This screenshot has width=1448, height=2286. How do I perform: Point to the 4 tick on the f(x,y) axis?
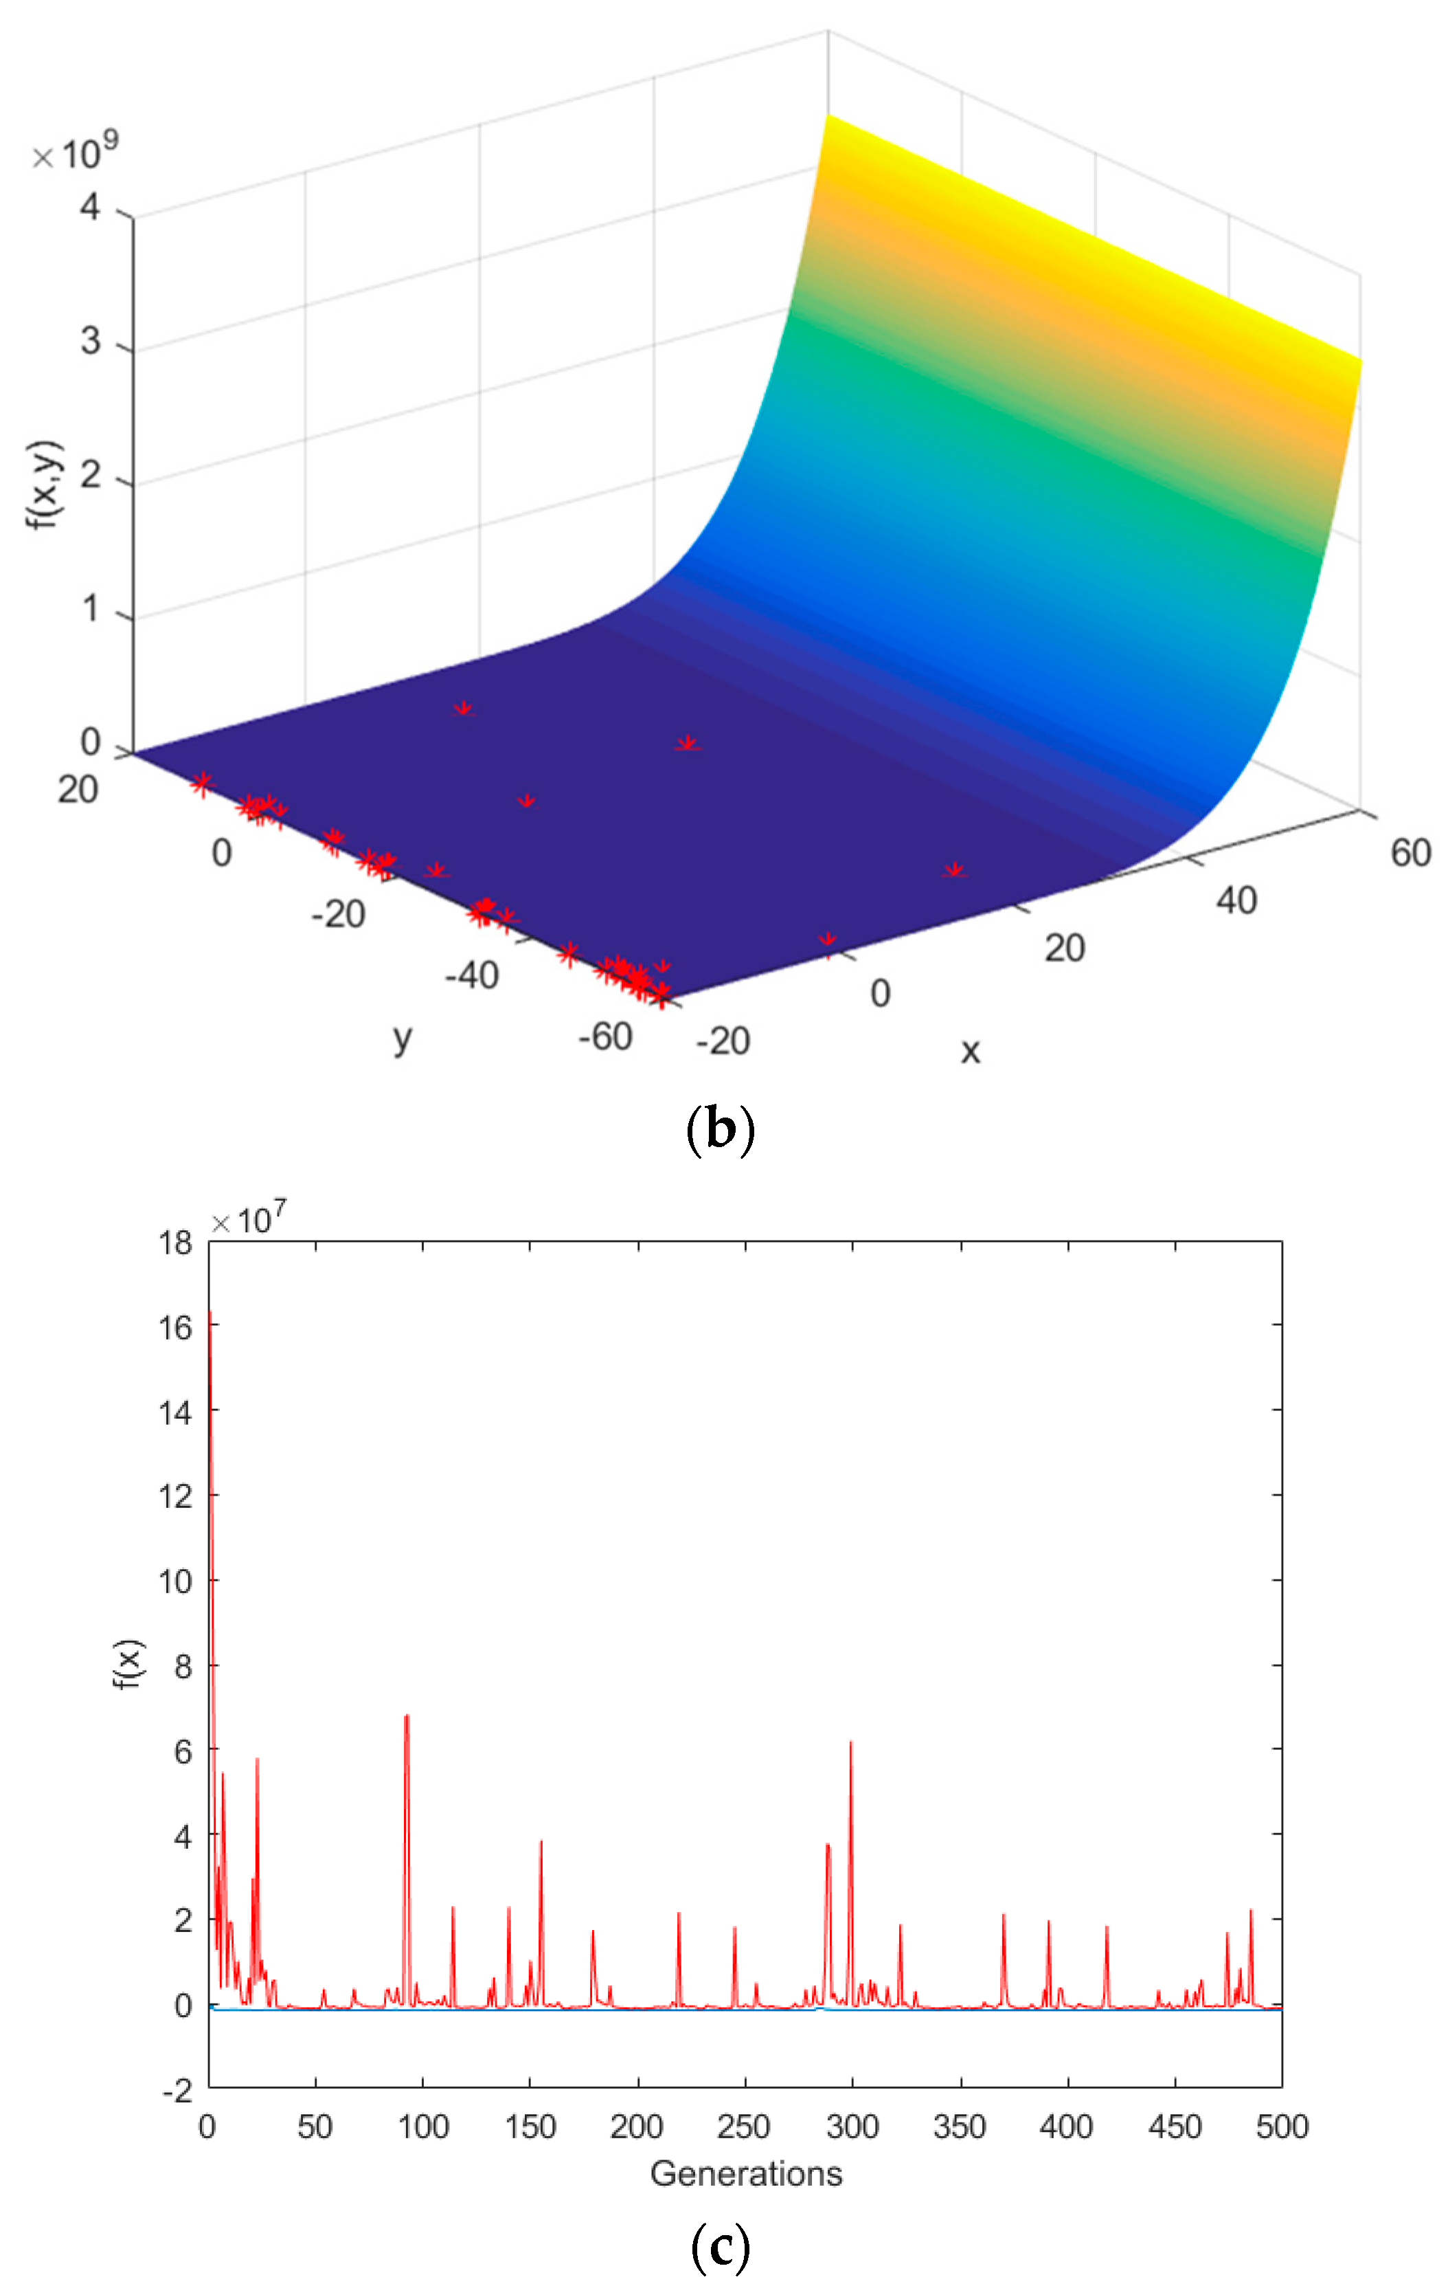click(x=90, y=206)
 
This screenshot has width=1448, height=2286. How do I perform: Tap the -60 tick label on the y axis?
click(x=605, y=1036)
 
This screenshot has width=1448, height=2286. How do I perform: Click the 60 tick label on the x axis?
click(x=1410, y=852)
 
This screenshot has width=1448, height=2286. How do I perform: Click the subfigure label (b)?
click(x=720, y=1129)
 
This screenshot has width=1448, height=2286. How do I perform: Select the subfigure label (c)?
click(x=720, y=2246)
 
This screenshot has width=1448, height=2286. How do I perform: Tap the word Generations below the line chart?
click(x=746, y=2173)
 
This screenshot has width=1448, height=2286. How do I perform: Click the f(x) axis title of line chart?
click(x=127, y=1663)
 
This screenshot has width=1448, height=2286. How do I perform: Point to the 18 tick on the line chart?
click(x=176, y=1242)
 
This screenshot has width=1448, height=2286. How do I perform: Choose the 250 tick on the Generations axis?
click(x=744, y=2127)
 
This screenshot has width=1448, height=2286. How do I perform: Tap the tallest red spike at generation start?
click(x=210, y=1315)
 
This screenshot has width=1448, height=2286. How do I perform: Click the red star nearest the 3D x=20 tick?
click(x=953, y=869)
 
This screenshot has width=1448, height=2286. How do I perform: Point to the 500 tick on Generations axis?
click(x=1282, y=2127)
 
